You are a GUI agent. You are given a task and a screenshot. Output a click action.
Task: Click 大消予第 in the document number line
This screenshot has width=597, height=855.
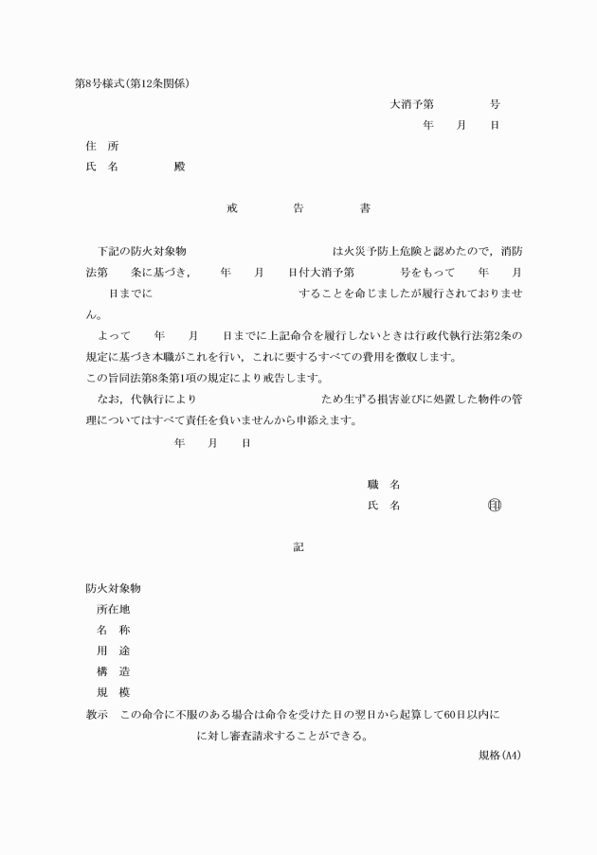pyautogui.click(x=411, y=104)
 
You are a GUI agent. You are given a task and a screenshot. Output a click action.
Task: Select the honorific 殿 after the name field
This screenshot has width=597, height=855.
pyautogui.click(x=180, y=167)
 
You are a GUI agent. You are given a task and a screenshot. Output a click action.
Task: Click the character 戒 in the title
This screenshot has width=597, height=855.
pyautogui.click(x=232, y=208)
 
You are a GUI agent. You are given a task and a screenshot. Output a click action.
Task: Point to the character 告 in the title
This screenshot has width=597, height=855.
pyautogui.click(x=298, y=208)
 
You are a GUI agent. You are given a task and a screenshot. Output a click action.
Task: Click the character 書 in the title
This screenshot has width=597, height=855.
pyautogui.click(x=365, y=208)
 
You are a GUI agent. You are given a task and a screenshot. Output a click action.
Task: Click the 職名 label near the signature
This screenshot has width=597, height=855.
pyautogui.click(x=383, y=485)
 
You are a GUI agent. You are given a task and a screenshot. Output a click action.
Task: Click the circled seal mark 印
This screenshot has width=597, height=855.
pyautogui.click(x=495, y=506)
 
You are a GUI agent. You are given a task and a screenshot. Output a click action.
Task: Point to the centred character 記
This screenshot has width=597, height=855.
pyautogui.click(x=298, y=547)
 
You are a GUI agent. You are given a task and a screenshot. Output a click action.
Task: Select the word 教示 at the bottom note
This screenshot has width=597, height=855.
pyautogui.click(x=98, y=714)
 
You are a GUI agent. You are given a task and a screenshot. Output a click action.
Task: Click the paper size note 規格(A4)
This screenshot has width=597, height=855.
pyautogui.click(x=500, y=756)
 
